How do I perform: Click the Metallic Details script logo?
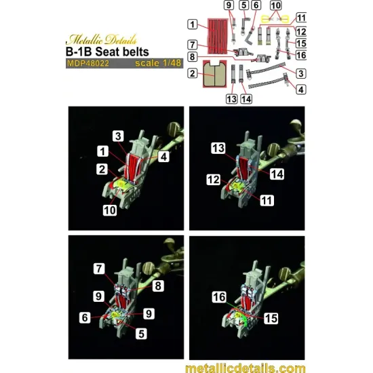tap(101, 39)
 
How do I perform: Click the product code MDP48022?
tap(88, 63)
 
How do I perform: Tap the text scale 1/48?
tap(158, 63)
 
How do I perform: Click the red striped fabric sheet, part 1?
tap(217, 36)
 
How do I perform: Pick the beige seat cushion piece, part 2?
tap(214, 74)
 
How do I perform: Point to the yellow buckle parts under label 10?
tap(275, 18)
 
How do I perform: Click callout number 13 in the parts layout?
tap(232, 99)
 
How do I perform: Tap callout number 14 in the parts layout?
tap(246, 99)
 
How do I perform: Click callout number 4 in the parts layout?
tap(301, 90)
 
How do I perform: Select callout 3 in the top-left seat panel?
tap(118, 136)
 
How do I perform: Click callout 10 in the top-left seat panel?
tap(110, 210)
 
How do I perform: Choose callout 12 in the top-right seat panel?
tap(214, 180)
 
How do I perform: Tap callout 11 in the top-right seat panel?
tap(267, 201)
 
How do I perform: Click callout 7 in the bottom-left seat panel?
tap(99, 269)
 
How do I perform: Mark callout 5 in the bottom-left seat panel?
tap(141, 334)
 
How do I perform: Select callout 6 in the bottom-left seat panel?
tap(85, 317)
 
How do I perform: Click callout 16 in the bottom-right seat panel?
tap(219, 297)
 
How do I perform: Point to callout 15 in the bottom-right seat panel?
tap(271, 318)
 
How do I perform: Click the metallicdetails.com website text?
tap(245, 368)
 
